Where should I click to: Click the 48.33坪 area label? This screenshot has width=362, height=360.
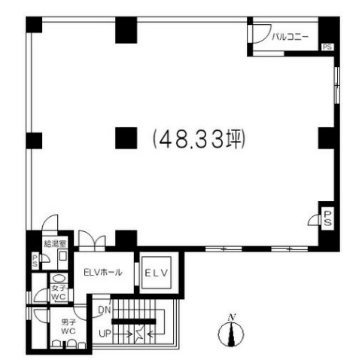199,139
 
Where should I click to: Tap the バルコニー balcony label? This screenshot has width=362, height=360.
291,37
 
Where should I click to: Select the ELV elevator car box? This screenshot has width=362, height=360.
157,273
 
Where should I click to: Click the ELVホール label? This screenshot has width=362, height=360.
103,272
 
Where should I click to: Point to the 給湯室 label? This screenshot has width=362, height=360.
55,243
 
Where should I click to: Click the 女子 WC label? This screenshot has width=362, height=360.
59,292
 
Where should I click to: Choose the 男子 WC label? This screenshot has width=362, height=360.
68,326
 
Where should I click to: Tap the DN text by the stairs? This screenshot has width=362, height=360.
105,310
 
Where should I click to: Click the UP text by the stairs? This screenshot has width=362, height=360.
105,334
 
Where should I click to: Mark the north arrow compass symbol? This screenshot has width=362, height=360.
231,331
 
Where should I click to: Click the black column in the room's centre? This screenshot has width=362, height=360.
126,138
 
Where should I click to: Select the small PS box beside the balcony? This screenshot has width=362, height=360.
327,47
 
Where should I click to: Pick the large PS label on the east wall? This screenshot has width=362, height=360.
327,218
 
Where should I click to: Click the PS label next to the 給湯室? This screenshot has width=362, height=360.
35,261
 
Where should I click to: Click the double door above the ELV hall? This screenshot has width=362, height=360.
92,239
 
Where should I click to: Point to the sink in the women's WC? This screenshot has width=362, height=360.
59,279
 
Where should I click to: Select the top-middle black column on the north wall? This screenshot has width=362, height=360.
126,30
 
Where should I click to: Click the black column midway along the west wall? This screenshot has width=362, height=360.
34,141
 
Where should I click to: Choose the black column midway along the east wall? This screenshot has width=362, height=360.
327,138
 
